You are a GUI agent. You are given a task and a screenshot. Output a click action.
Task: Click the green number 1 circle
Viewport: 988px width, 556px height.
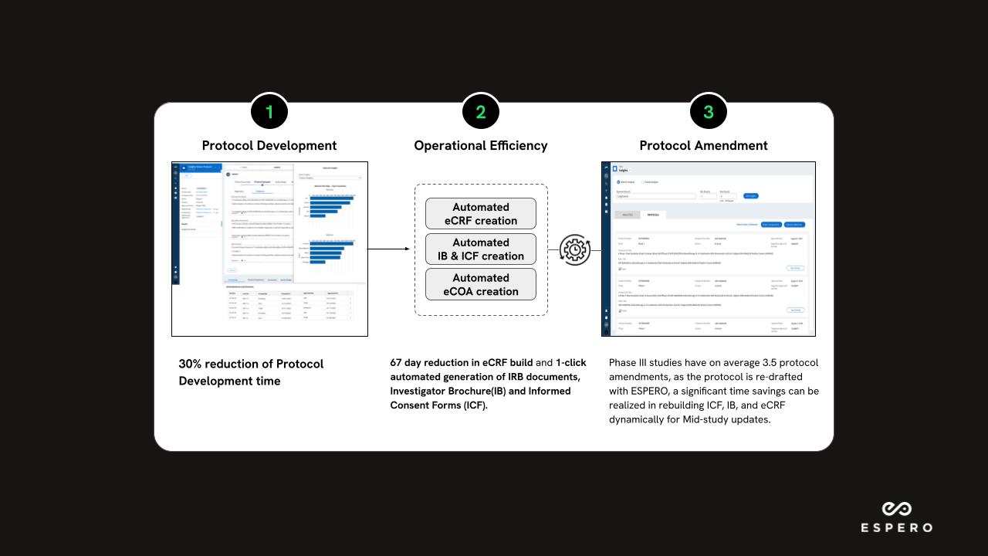[x=269, y=112]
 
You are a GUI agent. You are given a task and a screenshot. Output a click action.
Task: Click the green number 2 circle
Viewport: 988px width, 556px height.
[x=480, y=112]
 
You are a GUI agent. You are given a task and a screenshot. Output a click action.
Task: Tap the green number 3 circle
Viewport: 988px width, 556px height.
[x=709, y=112]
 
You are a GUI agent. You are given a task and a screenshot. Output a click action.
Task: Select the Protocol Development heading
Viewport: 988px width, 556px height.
[x=269, y=145]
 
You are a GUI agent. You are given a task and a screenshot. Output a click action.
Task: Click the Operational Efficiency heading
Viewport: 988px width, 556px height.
[x=480, y=145]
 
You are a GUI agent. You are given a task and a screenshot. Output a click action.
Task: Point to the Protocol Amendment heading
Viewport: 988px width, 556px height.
[x=703, y=145]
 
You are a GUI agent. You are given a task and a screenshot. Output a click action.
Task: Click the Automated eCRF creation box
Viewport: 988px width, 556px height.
[x=480, y=214]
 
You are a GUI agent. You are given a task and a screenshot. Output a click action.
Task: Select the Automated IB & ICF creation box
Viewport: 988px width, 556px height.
[x=480, y=249]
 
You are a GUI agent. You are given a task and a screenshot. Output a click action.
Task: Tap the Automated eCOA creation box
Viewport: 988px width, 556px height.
[x=480, y=284]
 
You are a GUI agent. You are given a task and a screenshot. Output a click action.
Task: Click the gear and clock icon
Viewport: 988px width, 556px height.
[x=574, y=249]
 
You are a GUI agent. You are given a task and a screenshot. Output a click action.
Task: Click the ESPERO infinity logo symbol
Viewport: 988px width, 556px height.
[x=896, y=509]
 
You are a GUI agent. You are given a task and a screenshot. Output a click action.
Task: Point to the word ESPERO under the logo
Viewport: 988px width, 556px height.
[x=896, y=528]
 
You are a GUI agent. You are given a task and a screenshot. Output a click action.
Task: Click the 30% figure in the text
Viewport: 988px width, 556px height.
[x=191, y=364]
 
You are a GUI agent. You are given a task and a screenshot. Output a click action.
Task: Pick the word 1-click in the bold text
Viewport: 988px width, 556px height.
[x=570, y=363]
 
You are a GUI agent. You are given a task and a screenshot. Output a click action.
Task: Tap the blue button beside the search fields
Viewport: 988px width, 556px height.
[x=750, y=196]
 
